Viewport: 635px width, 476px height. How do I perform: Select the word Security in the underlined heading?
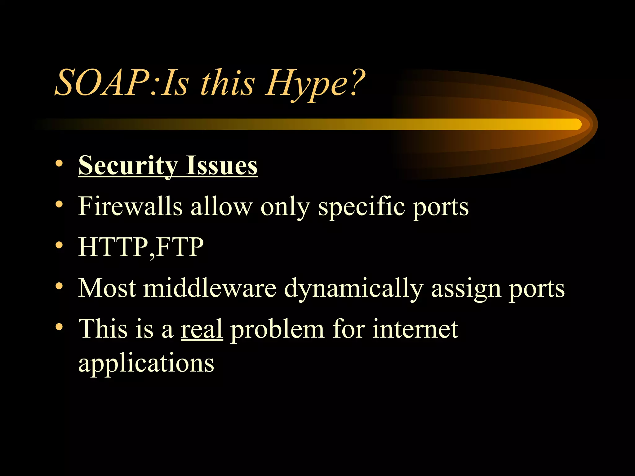pyautogui.click(x=128, y=166)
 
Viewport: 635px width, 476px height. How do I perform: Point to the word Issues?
pyautogui.click(x=221, y=166)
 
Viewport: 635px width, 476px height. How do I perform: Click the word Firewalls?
pyautogui.click(x=130, y=206)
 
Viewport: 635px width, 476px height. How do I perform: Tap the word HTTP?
pyautogui.click(x=113, y=247)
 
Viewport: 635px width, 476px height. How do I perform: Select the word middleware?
pyautogui.click(x=210, y=288)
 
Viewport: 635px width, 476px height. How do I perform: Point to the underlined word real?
pyautogui.click(x=202, y=329)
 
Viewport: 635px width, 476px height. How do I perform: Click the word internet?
pyautogui.click(x=415, y=329)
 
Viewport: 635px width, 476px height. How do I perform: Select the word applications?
pyautogui.click(x=146, y=363)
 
